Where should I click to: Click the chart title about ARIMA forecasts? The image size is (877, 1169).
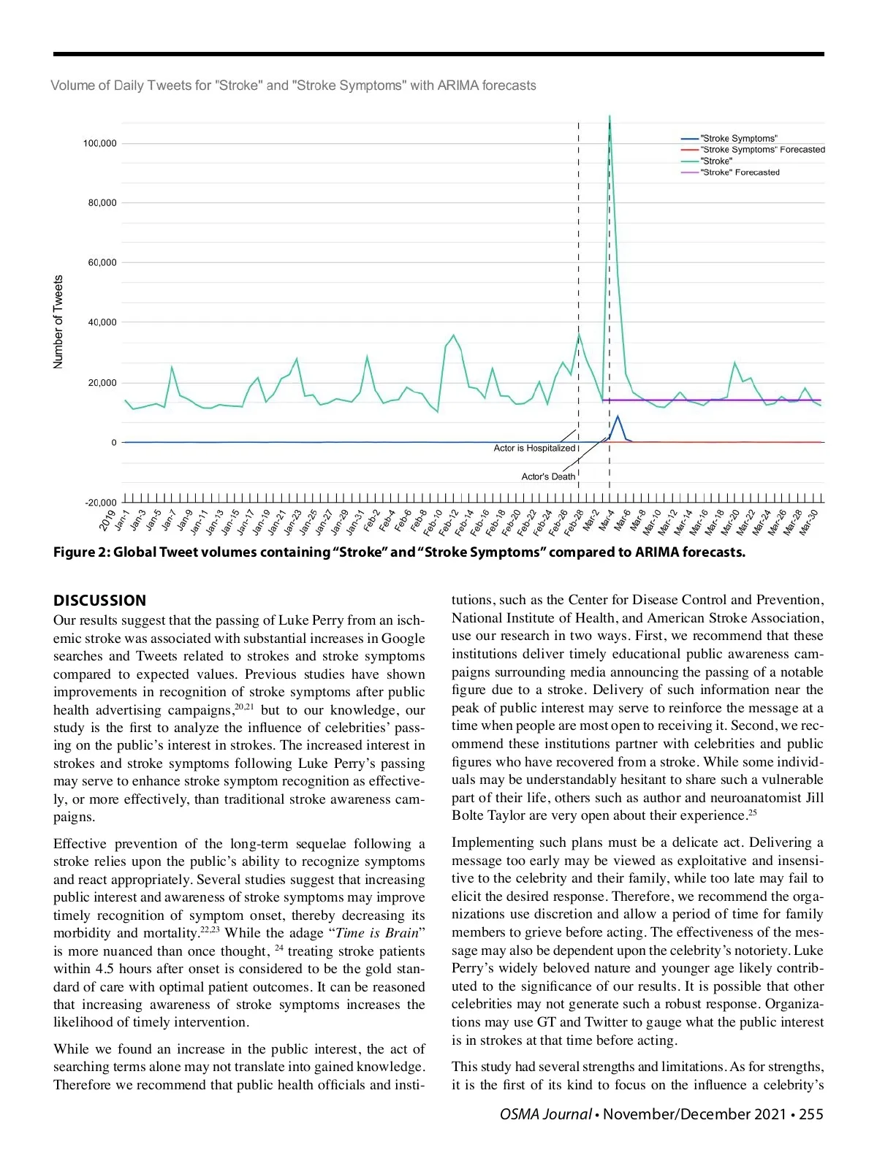(293, 85)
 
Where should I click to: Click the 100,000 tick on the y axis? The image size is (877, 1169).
(99, 143)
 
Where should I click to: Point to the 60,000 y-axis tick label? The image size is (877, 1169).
(102, 262)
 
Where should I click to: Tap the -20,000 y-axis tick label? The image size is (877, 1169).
(101, 503)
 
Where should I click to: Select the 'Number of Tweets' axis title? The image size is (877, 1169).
(58, 321)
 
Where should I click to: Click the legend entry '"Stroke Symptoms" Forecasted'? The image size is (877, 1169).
(762, 150)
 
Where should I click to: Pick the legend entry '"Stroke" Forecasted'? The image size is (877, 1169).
(740, 172)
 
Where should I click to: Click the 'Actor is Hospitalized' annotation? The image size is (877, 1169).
(534, 449)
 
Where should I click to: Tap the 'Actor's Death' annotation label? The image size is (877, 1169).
(548, 476)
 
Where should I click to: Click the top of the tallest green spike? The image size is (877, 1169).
(610, 117)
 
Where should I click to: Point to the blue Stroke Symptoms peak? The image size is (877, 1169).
(618, 416)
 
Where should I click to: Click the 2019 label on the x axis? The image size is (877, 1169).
(108, 520)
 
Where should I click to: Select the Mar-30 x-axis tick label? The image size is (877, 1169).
(808, 523)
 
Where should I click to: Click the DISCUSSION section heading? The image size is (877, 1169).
(99, 601)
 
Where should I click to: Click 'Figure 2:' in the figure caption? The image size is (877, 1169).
(81, 552)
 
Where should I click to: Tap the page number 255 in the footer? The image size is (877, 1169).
(810, 1114)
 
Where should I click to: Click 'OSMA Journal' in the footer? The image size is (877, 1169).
(545, 1114)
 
